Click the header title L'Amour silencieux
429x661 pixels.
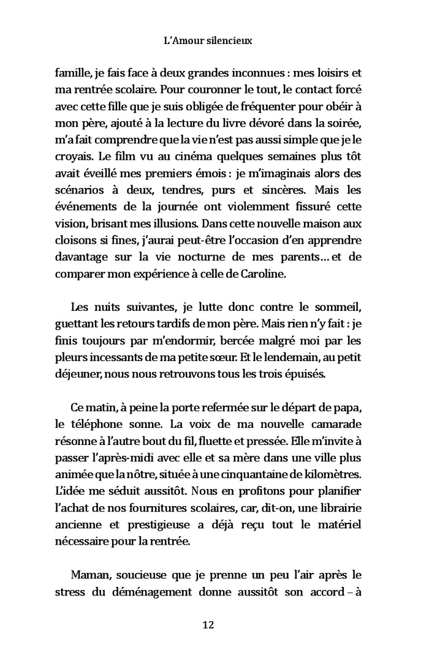tap(209, 41)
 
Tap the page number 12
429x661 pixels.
tap(208, 625)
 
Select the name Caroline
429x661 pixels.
tap(263, 274)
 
